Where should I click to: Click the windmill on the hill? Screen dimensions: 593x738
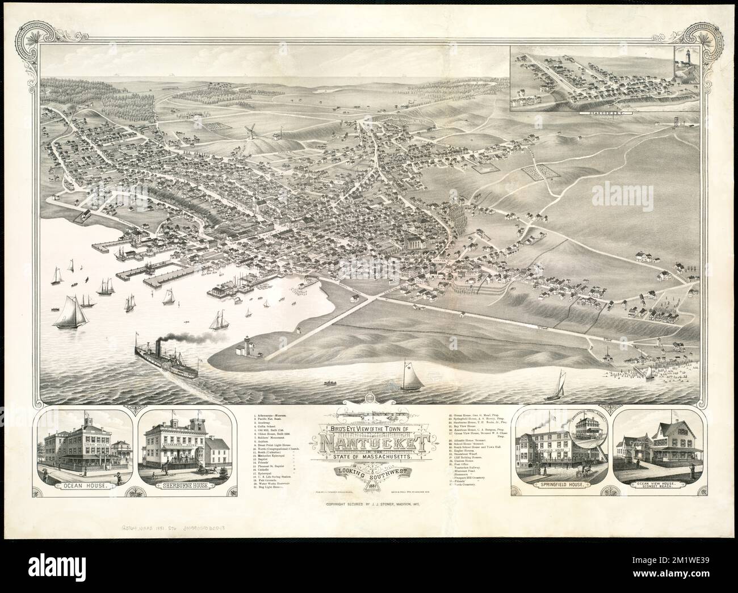pos(248,132)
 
